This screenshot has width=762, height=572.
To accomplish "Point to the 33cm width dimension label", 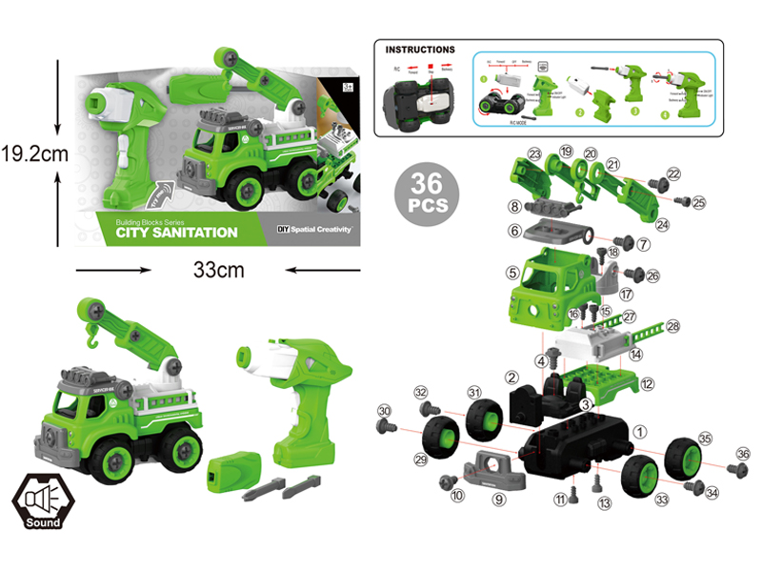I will [218, 270].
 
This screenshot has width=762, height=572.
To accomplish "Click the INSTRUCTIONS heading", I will [420, 49].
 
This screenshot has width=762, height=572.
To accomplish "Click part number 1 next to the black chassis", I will [640, 431].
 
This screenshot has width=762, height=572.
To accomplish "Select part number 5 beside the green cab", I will [512, 273].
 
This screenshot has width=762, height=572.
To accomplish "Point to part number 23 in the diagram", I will [534, 153].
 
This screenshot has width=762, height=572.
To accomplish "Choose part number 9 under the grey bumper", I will [498, 497].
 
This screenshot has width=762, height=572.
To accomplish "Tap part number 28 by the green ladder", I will [673, 326].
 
